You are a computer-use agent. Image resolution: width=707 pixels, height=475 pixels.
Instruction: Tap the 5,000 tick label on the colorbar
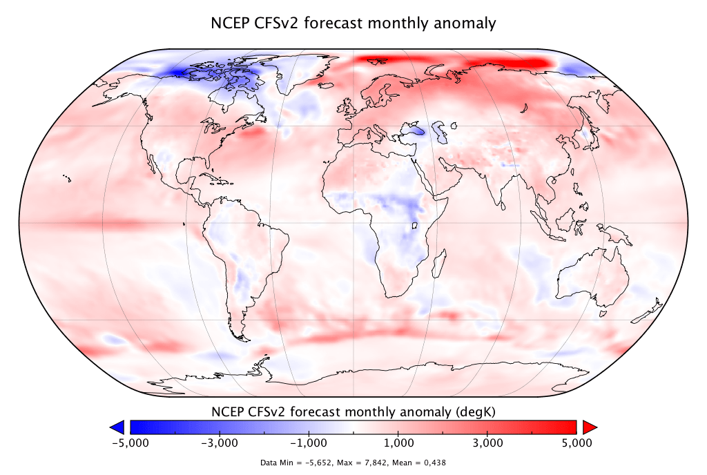click(x=576, y=442)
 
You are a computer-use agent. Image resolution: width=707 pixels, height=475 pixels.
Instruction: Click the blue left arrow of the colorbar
click(x=117, y=426)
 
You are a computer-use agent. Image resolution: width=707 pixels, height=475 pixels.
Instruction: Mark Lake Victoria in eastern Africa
click(x=416, y=226)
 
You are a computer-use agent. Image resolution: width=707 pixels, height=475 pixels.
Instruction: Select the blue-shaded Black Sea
click(x=411, y=129)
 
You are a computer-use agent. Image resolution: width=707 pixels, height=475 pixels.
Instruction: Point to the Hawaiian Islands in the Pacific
click(x=66, y=178)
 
